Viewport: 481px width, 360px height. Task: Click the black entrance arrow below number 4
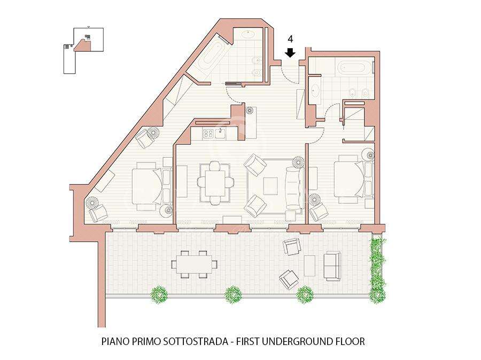click(x=290, y=53)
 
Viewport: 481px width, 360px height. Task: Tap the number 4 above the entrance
click(x=290, y=39)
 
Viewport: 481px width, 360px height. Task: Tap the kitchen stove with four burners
click(x=209, y=133)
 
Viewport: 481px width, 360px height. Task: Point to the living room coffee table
click(x=270, y=186)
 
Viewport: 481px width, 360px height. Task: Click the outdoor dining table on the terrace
click(x=195, y=264)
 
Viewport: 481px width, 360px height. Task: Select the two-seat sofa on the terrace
click(x=332, y=266)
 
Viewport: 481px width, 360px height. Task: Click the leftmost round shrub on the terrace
click(x=159, y=294)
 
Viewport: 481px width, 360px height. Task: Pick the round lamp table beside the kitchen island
click(x=251, y=110)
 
